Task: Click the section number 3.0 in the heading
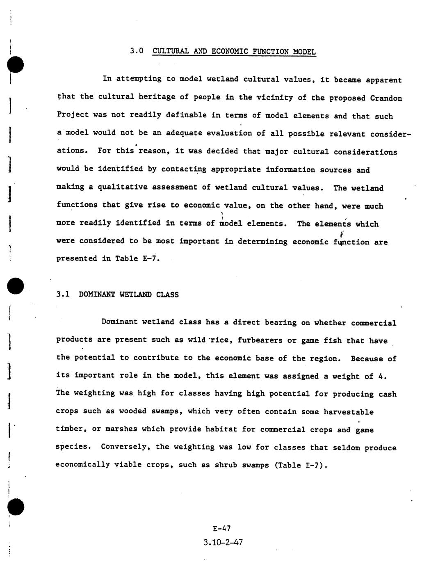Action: (x=137, y=51)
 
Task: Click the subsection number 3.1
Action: (x=63, y=294)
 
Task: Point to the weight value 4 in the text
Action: (x=380, y=376)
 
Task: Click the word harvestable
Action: (x=349, y=412)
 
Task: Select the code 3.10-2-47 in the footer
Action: (x=223, y=543)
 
